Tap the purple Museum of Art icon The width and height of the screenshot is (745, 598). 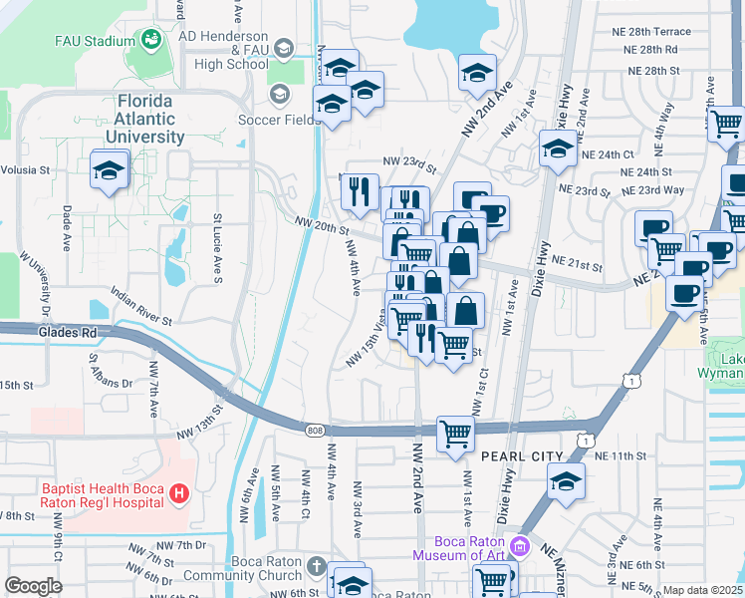pos(519,546)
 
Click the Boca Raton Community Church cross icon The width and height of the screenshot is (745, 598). pos(316,567)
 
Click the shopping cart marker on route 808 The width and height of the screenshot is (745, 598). pos(455,434)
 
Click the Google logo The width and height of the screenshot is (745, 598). pos(33,586)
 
